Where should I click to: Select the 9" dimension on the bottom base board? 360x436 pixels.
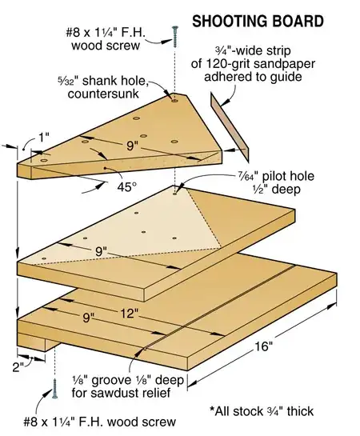pyautogui.click(x=78, y=318)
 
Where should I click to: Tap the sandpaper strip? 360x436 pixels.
pyautogui.click(x=230, y=121)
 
